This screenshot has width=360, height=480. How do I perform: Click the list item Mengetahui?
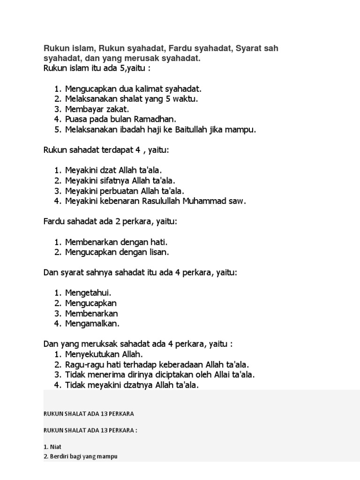(x=88, y=293)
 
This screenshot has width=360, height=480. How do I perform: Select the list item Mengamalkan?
(x=92, y=323)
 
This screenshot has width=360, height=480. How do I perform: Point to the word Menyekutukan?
(x=91, y=354)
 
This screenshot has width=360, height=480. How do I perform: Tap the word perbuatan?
(x=118, y=191)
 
